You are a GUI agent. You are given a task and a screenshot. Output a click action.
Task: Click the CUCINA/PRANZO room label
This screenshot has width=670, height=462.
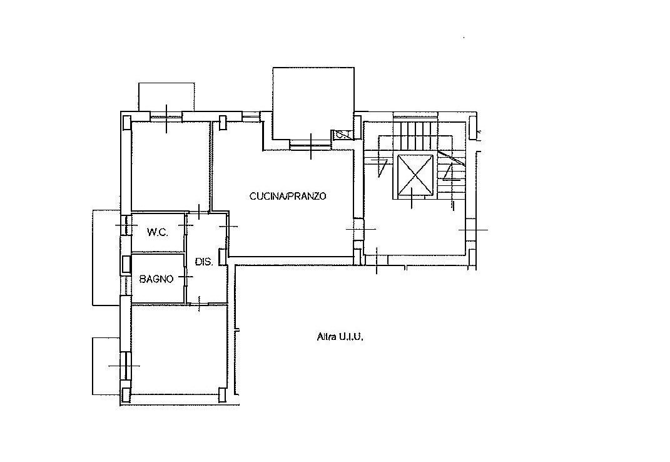point(288,196)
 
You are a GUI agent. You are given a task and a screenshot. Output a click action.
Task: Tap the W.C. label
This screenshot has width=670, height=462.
point(158,232)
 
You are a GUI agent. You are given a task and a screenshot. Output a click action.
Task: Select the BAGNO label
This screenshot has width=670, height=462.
point(156,279)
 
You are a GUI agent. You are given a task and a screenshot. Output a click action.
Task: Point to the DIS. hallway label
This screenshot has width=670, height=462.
point(204,262)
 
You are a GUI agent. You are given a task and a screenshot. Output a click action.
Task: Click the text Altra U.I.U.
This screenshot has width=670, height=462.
point(340,337)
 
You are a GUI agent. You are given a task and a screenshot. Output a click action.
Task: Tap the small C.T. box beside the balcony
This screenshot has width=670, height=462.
point(343,135)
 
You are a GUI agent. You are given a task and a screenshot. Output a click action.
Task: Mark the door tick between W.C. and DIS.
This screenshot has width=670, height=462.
point(185,225)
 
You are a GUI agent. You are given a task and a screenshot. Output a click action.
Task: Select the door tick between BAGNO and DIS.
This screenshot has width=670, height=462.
point(185,277)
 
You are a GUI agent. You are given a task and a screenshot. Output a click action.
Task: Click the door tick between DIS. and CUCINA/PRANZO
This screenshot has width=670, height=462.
point(228,225)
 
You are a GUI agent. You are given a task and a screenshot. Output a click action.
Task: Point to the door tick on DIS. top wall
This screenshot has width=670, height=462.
point(199,211)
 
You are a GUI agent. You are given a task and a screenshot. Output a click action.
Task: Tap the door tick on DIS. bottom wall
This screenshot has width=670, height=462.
point(199,304)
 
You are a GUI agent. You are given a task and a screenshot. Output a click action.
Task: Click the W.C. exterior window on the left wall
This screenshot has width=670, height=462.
point(124,225)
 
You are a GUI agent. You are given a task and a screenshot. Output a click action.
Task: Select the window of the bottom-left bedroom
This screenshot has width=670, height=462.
point(124,366)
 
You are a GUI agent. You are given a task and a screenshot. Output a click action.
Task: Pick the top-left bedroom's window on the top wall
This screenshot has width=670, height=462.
point(166,116)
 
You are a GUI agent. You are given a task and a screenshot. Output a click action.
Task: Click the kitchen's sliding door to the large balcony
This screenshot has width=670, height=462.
point(311,146)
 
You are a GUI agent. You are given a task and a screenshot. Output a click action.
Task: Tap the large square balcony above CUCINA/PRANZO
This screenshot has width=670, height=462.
point(313,103)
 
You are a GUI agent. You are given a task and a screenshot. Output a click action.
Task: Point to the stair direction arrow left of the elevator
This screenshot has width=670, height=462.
point(382,167)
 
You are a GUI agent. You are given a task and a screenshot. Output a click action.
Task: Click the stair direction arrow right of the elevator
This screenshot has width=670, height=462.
point(448,172)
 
